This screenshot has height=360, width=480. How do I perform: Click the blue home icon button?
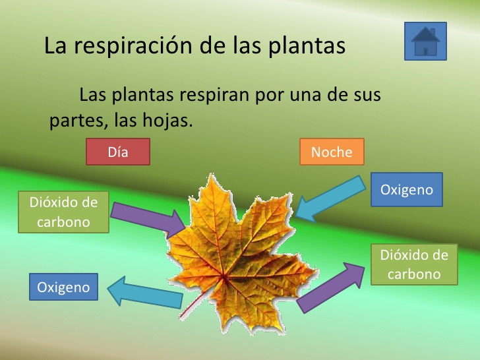pos(425,41)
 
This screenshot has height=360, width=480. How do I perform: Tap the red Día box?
pos(118,152)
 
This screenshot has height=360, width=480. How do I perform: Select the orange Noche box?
pos(332,152)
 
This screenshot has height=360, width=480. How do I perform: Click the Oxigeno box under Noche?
pos(407,189)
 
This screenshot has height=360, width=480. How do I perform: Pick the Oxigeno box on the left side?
pos(64,287)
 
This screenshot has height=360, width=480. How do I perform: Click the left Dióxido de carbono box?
pos(64,212)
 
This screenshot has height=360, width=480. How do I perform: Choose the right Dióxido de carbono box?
pos(414,264)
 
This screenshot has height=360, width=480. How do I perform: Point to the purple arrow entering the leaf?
pos(148,219)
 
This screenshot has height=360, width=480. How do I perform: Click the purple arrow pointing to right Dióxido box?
pos(330,287)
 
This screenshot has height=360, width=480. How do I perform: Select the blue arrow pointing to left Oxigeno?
pos(145,292)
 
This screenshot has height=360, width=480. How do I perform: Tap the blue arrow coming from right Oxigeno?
pos(330,199)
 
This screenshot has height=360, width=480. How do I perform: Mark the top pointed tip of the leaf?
pos(211,175)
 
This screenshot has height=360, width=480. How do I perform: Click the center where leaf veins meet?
pos(223,276)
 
